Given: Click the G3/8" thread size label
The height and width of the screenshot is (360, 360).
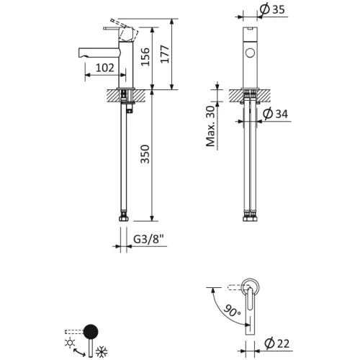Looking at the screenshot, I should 148,240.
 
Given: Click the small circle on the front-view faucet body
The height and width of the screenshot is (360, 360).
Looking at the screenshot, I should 250,53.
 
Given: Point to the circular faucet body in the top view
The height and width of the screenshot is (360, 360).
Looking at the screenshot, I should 250,287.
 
